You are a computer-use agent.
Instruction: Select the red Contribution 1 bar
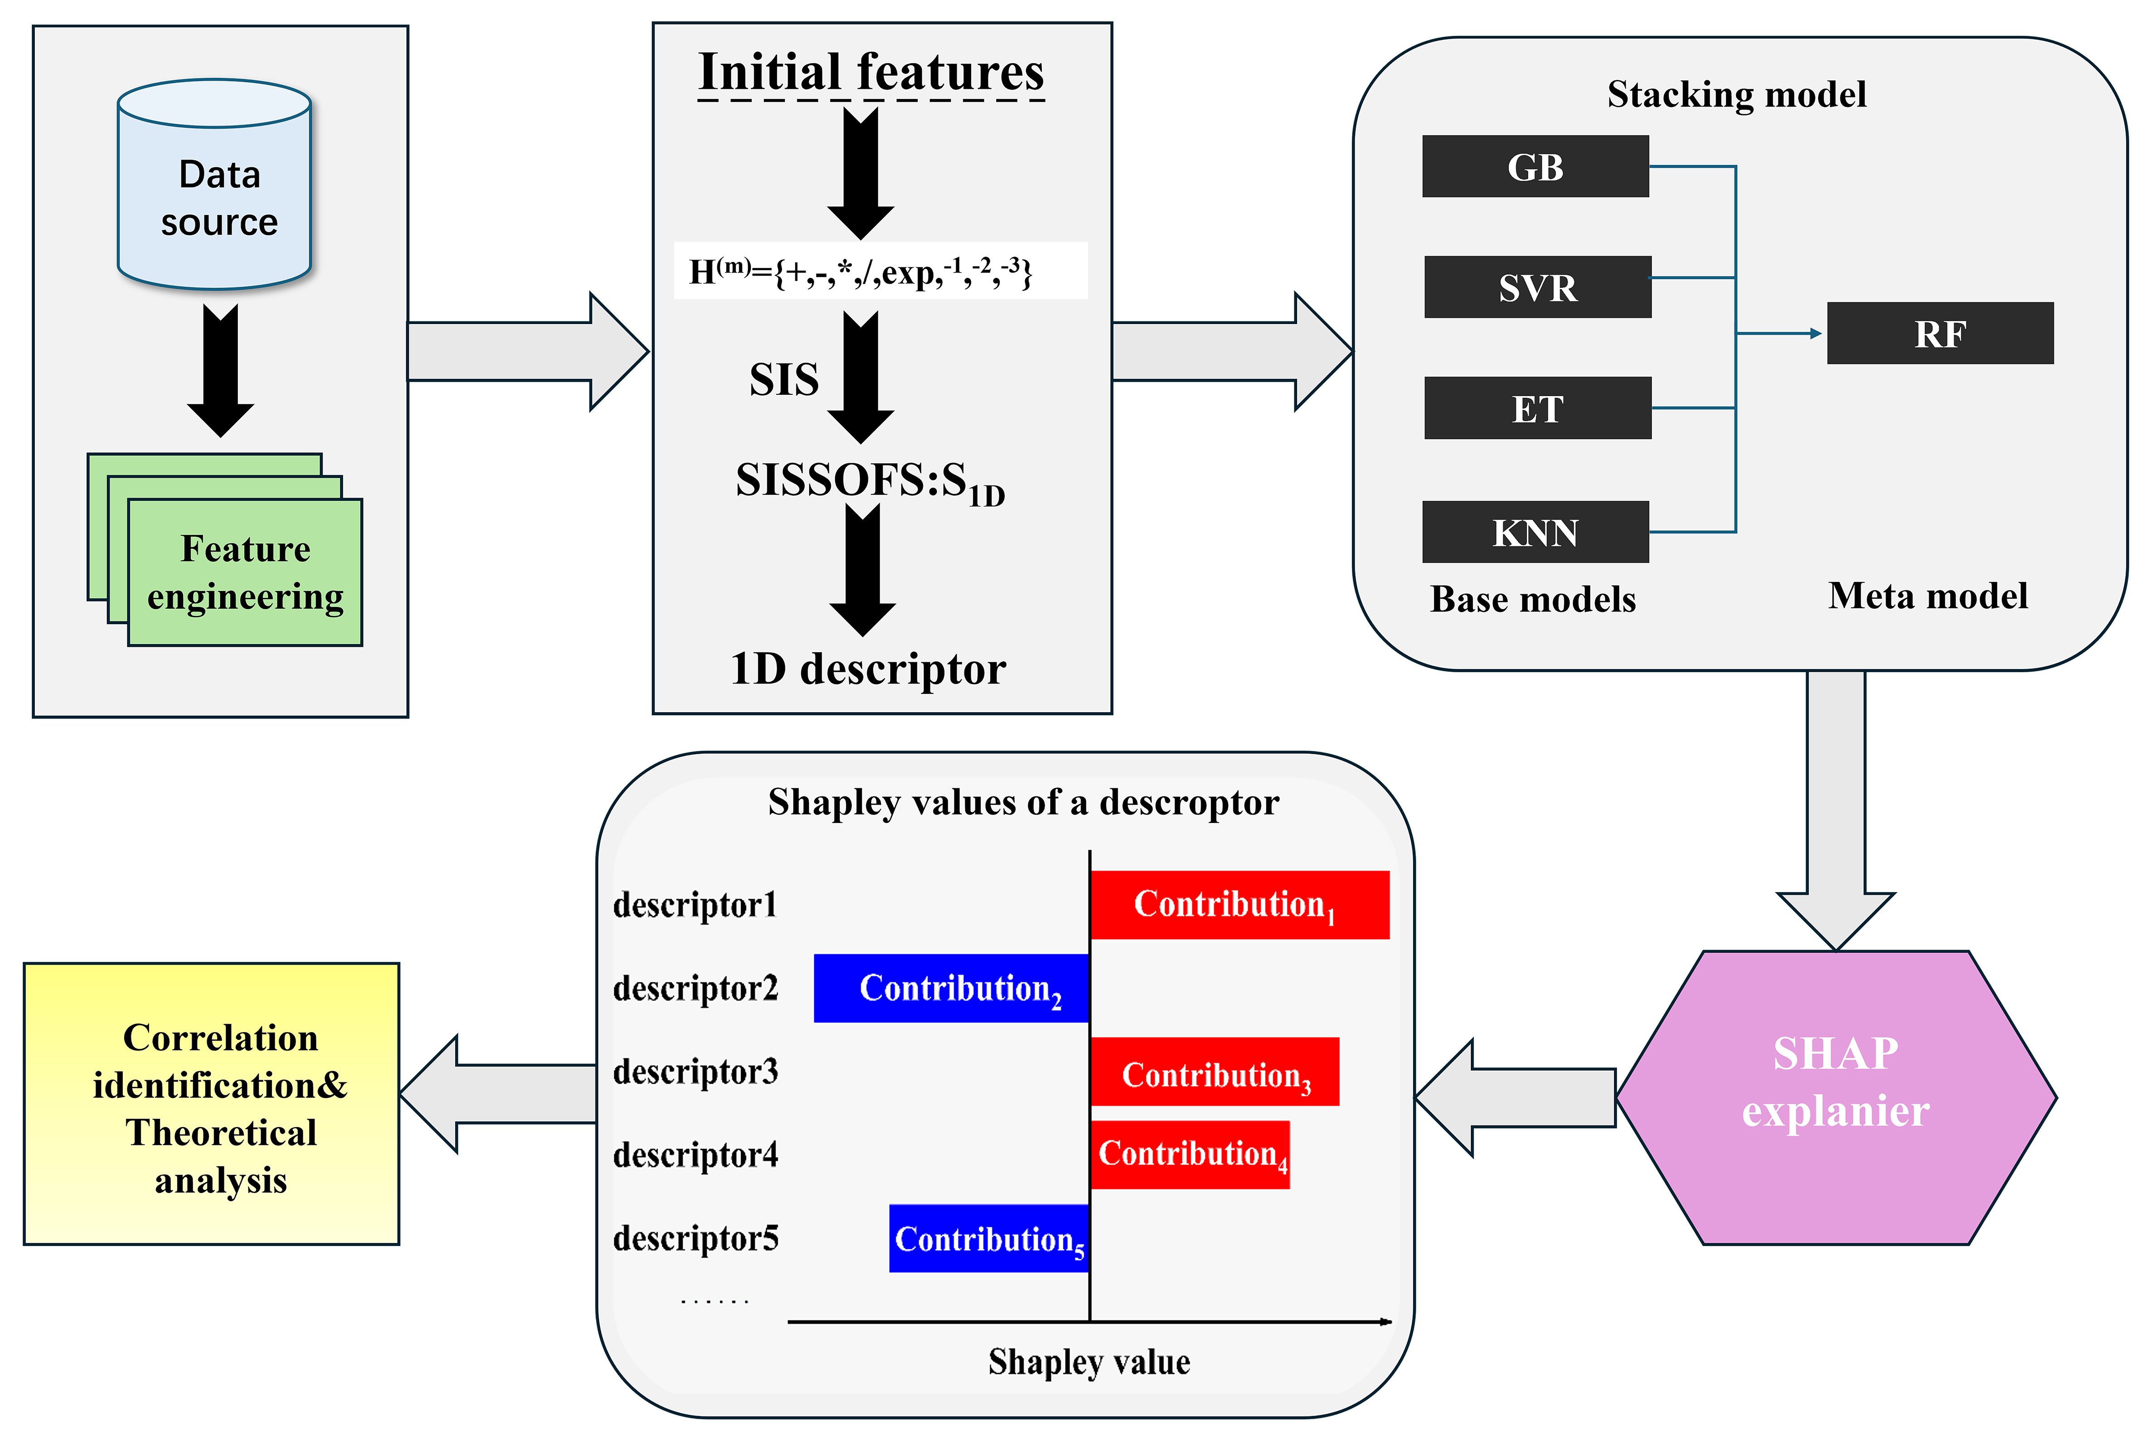point(1239,904)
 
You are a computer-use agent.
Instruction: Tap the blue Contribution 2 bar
point(951,989)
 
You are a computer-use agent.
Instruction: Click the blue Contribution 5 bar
point(989,1238)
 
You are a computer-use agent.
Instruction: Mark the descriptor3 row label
point(695,1072)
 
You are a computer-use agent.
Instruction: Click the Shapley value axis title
point(1089,1362)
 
